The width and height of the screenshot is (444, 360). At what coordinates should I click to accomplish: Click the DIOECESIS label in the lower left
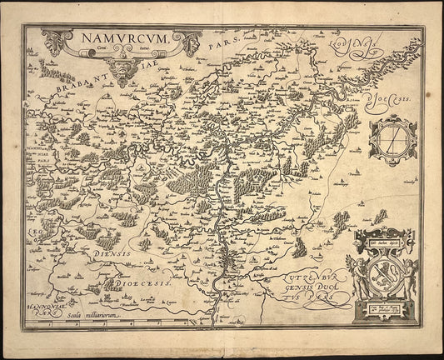point(145,283)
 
